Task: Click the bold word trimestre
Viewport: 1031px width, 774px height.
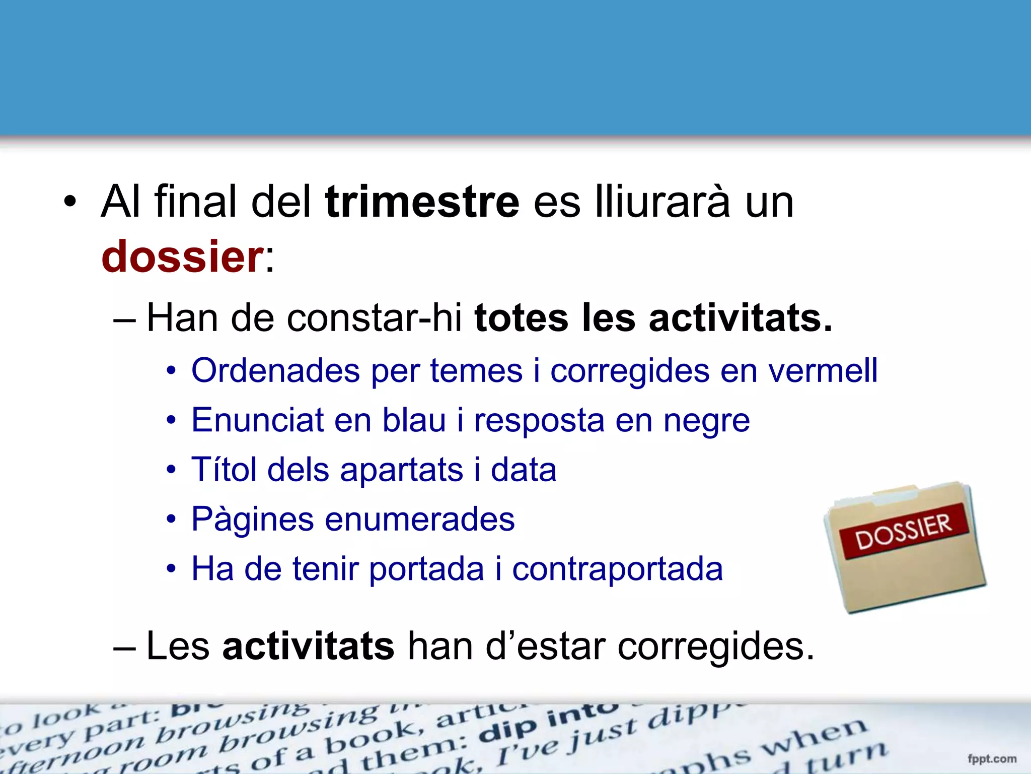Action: point(422,202)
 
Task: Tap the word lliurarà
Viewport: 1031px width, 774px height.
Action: point(661,202)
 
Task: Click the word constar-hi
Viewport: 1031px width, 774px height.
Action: point(374,318)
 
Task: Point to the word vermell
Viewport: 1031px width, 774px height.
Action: point(823,370)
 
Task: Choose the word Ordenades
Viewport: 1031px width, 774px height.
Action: point(275,370)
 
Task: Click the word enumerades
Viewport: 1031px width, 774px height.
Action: point(419,519)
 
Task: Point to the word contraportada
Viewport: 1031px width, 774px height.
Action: point(617,569)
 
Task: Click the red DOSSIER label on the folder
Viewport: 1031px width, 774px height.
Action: point(904,531)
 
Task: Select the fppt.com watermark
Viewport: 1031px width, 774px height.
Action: point(991,758)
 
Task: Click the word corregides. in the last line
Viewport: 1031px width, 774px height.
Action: point(715,647)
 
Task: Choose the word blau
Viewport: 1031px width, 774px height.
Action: point(414,420)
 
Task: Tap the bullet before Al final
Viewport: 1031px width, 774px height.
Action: point(70,203)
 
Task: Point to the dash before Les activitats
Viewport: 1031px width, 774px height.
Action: point(124,647)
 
